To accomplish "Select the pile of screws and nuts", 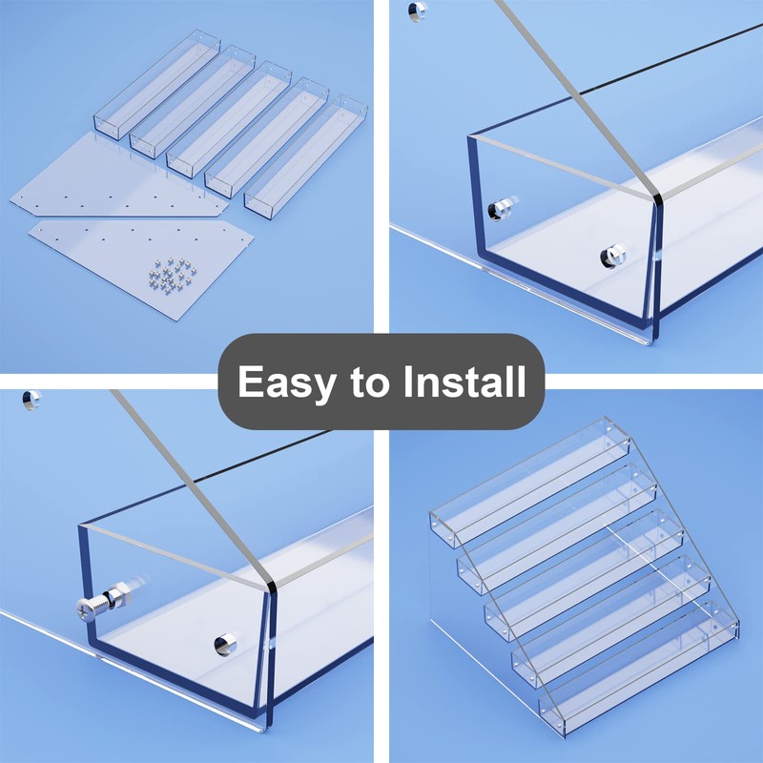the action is [x=173, y=276].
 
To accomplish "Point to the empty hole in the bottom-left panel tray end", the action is [x=225, y=645].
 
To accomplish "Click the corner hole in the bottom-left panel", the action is [x=31, y=400].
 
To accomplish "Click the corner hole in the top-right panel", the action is [x=417, y=10].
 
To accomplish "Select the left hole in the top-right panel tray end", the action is [x=499, y=209].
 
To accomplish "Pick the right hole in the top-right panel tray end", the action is [x=612, y=256].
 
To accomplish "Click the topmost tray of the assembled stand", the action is [x=529, y=481].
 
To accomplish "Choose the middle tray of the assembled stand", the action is [x=584, y=574].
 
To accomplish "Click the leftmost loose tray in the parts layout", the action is [x=156, y=85].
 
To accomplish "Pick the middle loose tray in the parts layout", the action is [x=229, y=120].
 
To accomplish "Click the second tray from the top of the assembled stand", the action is [x=557, y=527].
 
